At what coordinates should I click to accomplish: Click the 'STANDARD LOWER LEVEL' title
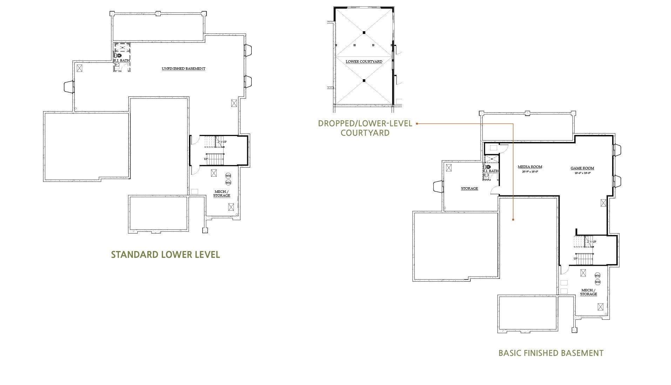165,255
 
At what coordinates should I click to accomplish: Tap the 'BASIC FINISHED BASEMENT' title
551,353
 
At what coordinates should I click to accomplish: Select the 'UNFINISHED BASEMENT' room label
183,69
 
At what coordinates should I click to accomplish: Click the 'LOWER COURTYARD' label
364,62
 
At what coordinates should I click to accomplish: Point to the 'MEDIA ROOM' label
530,167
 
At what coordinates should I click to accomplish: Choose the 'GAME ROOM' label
582,168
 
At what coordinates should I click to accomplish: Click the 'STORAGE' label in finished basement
469,189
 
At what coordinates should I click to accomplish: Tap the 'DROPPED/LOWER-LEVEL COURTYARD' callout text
365,128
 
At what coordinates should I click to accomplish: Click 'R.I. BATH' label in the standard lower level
122,61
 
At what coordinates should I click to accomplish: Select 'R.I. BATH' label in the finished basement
490,171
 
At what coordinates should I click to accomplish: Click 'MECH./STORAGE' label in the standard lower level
222,194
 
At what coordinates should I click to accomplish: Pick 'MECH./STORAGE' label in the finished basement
588,292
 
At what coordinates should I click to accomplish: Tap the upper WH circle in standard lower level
228,176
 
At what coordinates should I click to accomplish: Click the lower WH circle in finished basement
597,282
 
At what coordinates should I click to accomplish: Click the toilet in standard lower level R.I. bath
118,55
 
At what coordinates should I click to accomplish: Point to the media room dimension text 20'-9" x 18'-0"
530,172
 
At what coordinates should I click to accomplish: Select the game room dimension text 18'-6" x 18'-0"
582,173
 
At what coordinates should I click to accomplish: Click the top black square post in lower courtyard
364,33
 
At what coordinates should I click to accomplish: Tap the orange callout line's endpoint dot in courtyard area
513,219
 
